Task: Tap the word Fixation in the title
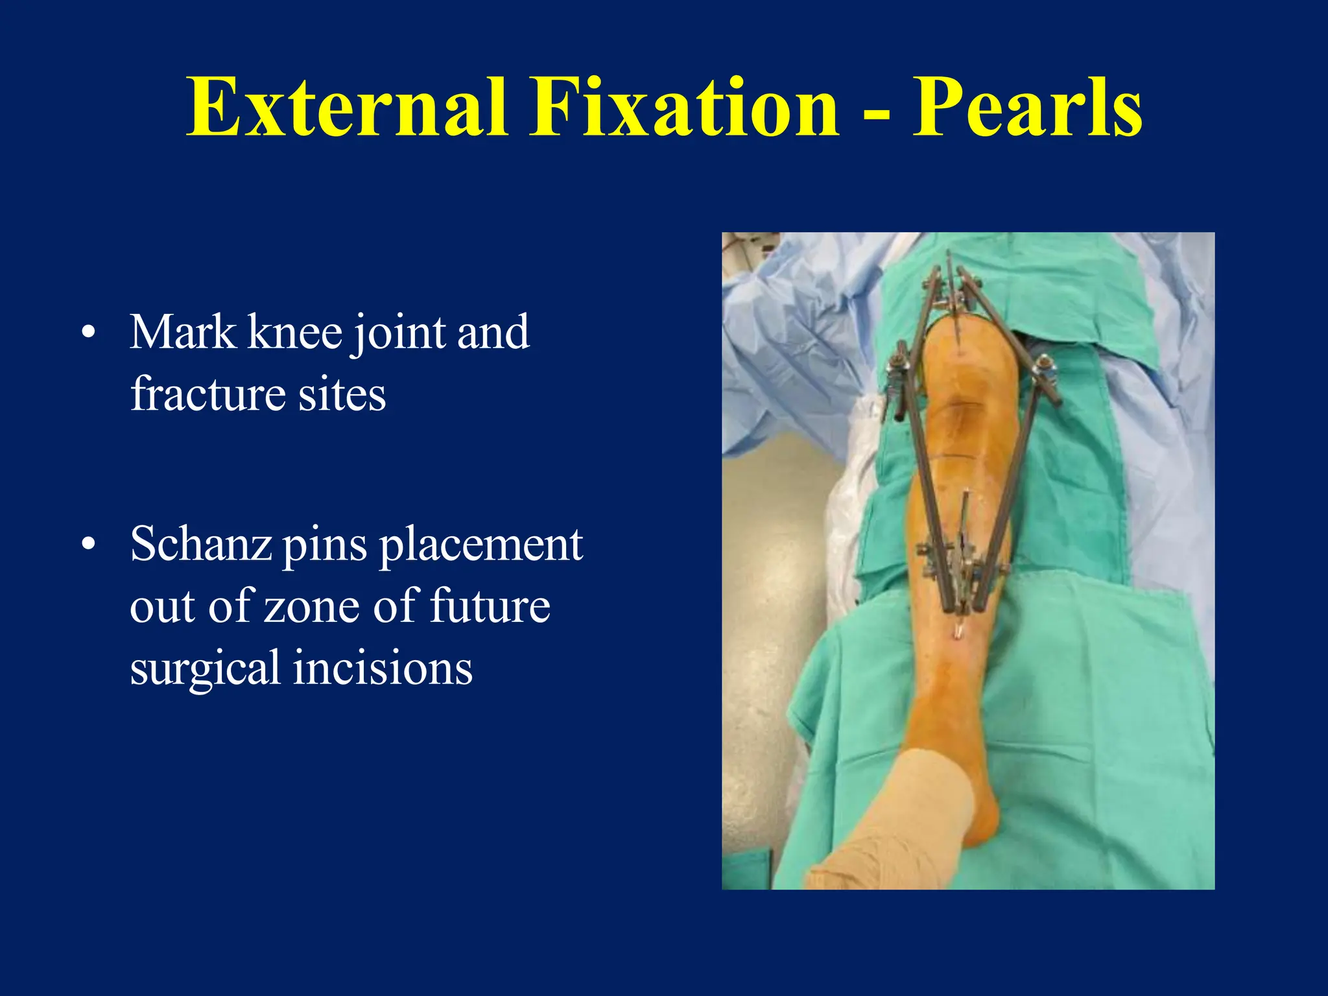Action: click(x=684, y=107)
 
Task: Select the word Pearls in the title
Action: click(x=1027, y=107)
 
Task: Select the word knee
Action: click(x=296, y=333)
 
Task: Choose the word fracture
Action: click(x=207, y=394)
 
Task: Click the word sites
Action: click(x=342, y=394)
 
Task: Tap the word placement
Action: click(x=481, y=545)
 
